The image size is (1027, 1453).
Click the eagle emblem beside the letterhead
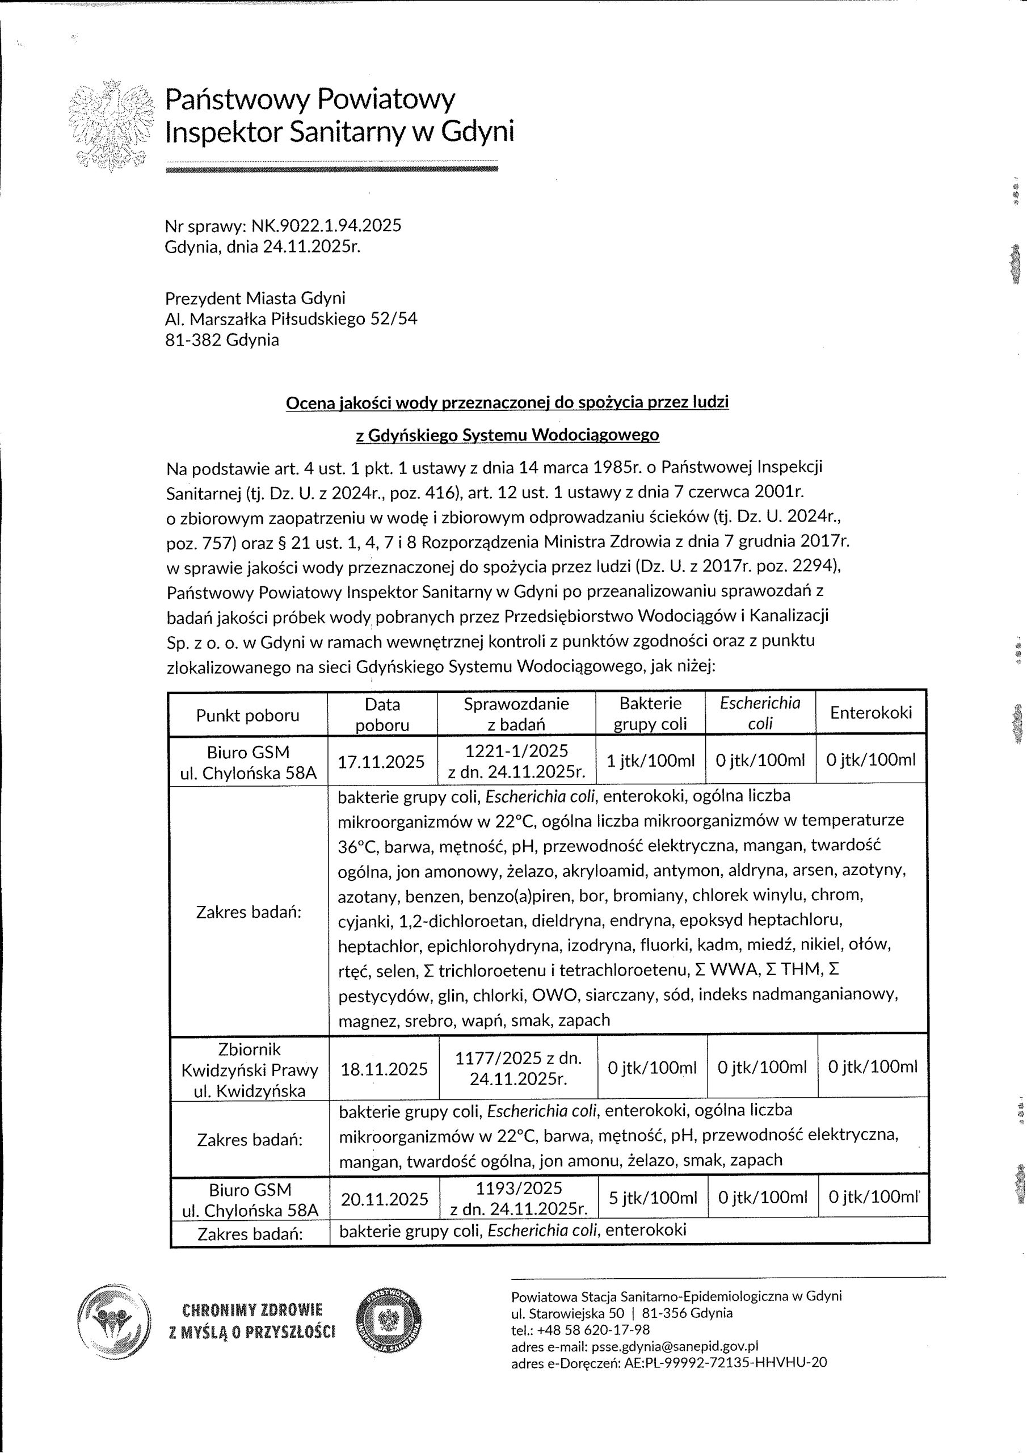[111, 125]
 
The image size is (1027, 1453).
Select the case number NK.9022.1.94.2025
[326, 225]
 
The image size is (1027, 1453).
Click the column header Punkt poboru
[247, 715]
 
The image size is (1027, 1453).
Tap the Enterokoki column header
[871, 712]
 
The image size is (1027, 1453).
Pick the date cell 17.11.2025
[381, 761]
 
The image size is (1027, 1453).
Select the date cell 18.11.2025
[384, 1069]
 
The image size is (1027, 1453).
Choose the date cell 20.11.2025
[385, 1199]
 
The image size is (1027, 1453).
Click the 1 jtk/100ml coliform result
[650, 760]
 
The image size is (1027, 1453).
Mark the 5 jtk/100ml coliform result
[653, 1198]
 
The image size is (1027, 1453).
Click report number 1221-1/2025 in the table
[516, 750]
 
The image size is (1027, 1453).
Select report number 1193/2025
[519, 1188]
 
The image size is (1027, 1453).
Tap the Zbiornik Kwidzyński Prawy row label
[249, 1069]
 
